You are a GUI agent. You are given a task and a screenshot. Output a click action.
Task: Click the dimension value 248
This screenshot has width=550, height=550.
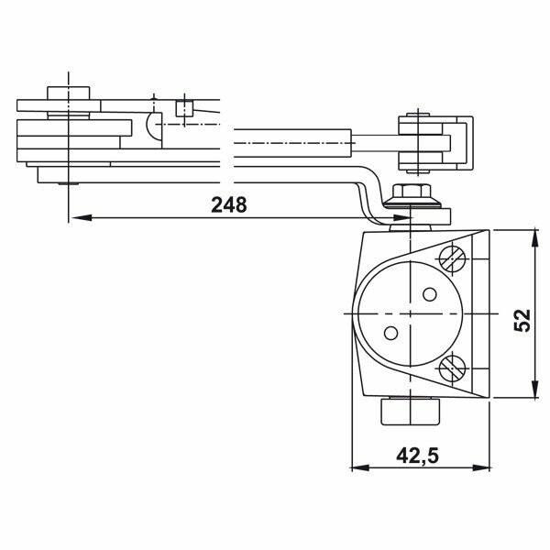[x=228, y=204]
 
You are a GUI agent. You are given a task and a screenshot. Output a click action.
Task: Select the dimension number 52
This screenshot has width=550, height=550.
[x=522, y=319]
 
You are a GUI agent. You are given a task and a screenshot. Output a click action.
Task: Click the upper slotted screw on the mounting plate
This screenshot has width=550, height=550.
[x=451, y=258]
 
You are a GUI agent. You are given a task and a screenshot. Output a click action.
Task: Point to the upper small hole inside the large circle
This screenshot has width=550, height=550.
[x=429, y=294]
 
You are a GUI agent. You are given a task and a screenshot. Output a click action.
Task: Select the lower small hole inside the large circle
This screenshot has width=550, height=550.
[x=390, y=333]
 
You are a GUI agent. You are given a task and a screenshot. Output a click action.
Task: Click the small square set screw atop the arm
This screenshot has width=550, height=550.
[x=184, y=110]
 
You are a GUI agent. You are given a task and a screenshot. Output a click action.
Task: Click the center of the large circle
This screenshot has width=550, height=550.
[x=410, y=313]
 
